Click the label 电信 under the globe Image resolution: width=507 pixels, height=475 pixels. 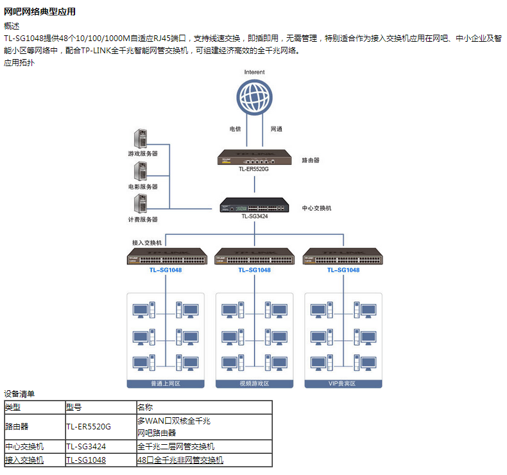pyautogui.click(x=236, y=129)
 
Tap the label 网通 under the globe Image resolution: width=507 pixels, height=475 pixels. pyautogui.click(x=277, y=129)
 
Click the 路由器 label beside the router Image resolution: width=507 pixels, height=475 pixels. pyautogui.click(x=311, y=160)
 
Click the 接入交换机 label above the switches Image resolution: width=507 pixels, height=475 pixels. pyautogui.click(x=147, y=243)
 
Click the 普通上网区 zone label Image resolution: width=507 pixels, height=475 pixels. pyautogui.click(x=166, y=383)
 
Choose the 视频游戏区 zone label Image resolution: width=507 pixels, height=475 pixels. pyautogui.click(x=254, y=383)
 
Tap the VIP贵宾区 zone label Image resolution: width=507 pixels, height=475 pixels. pyautogui.click(x=343, y=383)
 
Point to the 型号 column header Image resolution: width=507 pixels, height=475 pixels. pyautogui.click(x=74, y=407)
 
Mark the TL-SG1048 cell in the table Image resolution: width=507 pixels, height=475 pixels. pyautogui.click(x=86, y=460)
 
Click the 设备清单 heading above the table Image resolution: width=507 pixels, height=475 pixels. pyautogui.click(x=20, y=394)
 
